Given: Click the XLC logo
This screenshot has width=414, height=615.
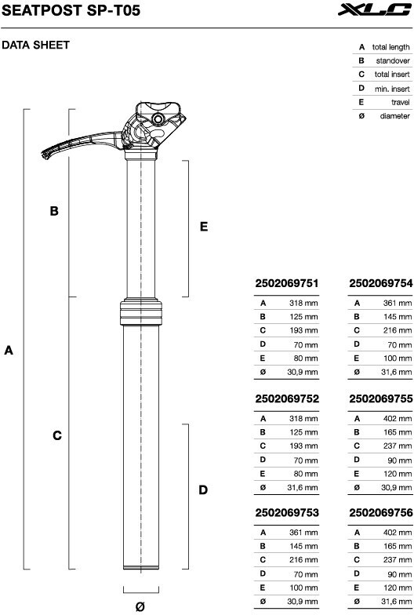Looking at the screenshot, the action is pos(374,9).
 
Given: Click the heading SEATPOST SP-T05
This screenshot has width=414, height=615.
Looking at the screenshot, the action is pos(71,10).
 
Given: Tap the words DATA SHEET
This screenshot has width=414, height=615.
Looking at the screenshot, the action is pos(35,45).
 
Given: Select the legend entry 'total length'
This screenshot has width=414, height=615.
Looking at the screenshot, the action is pos(390,47).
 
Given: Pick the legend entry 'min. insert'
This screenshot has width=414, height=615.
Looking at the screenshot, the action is pos(392,89).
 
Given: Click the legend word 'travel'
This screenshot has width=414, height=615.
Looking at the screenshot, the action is pos(400,102).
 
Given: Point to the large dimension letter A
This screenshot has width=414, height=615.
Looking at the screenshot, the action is pos(9,350).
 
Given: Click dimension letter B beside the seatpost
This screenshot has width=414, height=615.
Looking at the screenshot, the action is pos(54,211).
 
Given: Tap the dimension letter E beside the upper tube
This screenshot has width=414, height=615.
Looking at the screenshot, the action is pos(204,227).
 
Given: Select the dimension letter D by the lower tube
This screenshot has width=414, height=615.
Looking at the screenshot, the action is pos(203,489).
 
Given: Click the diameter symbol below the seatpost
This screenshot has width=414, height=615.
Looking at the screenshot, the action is pos(140,606).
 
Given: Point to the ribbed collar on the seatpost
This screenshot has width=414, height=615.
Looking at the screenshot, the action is pos(141,312).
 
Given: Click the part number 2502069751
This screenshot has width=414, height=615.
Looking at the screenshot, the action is pos(287,283).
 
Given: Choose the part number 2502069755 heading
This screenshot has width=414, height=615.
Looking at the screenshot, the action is pos(381,398).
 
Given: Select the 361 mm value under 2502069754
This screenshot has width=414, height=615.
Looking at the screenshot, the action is pos(397,303).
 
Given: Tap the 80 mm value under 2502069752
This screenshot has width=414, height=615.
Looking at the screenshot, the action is pos(306,474).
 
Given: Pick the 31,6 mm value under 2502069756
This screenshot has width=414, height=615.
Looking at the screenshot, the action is pos(397,601).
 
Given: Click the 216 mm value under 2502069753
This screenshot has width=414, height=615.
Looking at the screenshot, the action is pos(303,560).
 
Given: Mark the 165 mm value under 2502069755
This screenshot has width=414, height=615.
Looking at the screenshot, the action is pos(398,432).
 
